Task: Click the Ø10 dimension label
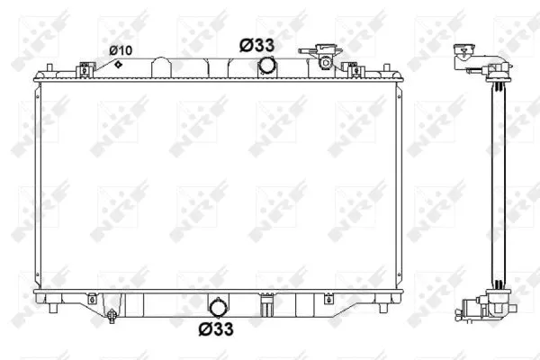coord(121,49)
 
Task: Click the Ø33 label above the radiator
coord(257,43)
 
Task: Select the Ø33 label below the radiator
coord(217,328)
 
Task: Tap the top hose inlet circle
coord(266,66)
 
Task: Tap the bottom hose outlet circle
coord(218,304)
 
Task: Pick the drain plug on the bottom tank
coord(112,315)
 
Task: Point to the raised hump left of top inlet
coord(162,65)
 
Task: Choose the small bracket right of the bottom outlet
coord(266,306)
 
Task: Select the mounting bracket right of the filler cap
coord(353,69)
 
